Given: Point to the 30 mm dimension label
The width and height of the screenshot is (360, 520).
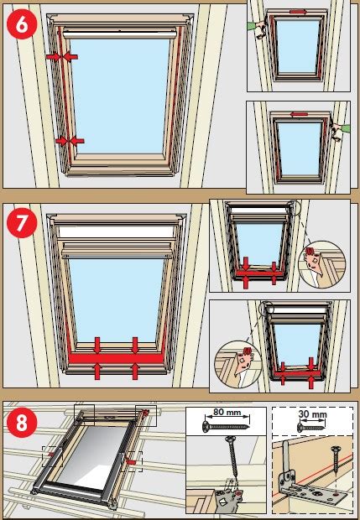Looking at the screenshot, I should [x=312, y=414].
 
